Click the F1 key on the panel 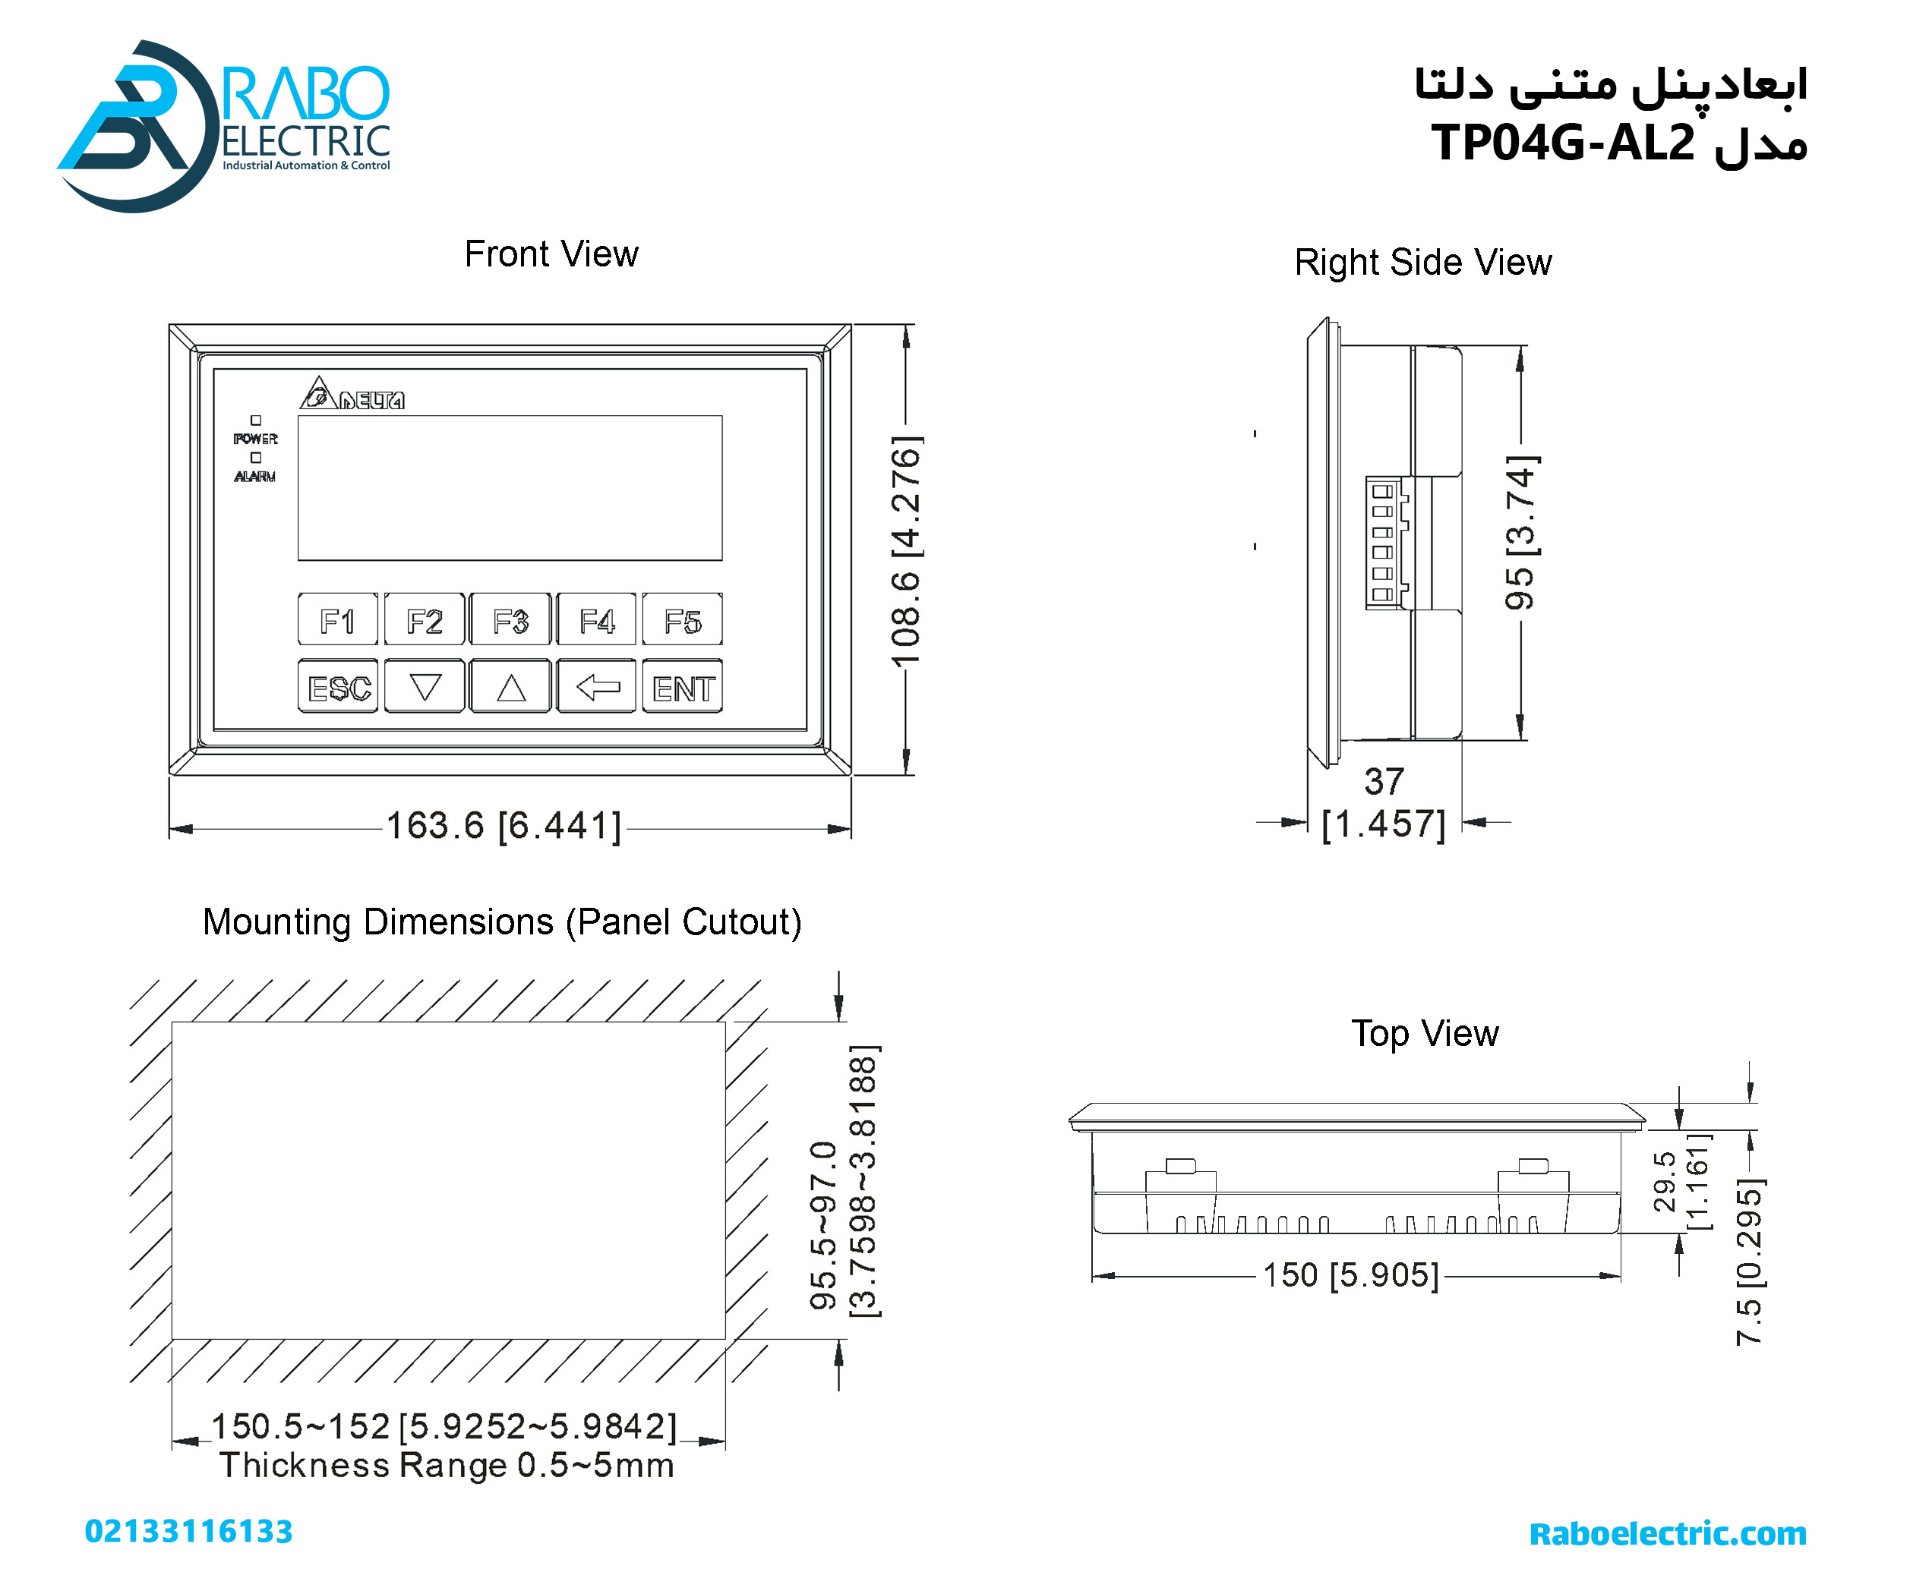point(337,621)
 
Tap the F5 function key point(682,621)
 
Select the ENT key point(682,688)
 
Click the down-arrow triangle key point(425,688)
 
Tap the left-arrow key point(597,688)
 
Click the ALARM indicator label point(254,477)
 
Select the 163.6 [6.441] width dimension point(504,826)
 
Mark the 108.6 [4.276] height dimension point(906,550)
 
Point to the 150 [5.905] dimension point(1350,1275)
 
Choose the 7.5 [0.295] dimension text point(1749,1262)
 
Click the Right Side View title point(1422,263)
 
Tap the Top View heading point(1424,1034)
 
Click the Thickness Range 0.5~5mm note point(447,1466)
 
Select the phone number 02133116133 point(188,1531)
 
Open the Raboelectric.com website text point(1667,1533)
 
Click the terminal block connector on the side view point(1385,543)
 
